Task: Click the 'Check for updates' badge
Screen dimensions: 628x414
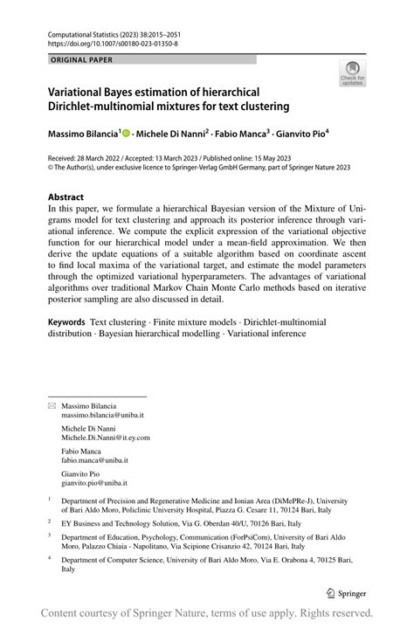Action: pyautogui.click(x=352, y=73)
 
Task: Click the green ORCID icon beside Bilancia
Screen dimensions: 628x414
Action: pyautogui.click(x=127, y=134)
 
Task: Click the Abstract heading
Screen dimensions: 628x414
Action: pyautogui.click(x=67, y=197)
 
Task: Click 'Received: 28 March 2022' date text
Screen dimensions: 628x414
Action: pyautogui.click(x=88, y=158)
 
